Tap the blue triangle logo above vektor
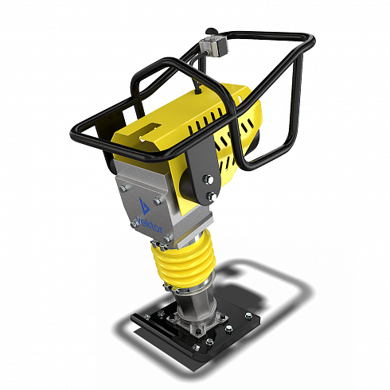[144, 206]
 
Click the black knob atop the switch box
[212, 31]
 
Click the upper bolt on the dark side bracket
[209, 180]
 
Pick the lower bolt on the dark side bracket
[211, 197]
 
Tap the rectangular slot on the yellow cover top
[150, 131]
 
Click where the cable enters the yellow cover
[198, 91]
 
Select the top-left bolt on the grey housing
[123, 189]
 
